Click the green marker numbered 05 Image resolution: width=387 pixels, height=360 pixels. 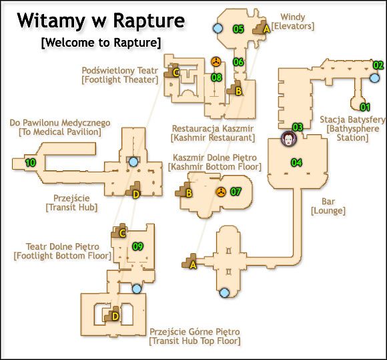pyautogui.click(x=238, y=29)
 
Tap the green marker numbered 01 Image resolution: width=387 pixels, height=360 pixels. pyautogui.click(x=365, y=108)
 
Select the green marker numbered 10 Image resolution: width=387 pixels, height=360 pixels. pyautogui.click(x=31, y=163)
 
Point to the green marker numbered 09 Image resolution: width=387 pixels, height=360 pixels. pyautogui.click(x=137, y=246)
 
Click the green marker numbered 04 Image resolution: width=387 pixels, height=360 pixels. pyautogui.click(x=296, y=162)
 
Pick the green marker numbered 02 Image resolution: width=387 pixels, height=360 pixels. pyautogui.click(x=378, y=65)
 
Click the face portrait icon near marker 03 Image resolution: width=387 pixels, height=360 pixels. pyautogui.click(x=288, y=139)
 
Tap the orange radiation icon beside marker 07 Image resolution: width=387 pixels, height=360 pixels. pyautogui.click(x=221, y=192)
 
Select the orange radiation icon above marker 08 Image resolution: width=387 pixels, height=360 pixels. pyautogui.click(x=216, y=62)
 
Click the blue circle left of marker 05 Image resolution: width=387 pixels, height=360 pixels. pyautogui.click(x=218, y=29)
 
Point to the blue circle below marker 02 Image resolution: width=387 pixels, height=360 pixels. pyautogui.click(x=375, y=78)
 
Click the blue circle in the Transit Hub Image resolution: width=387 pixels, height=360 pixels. pyautogui.click(x=133, y=162)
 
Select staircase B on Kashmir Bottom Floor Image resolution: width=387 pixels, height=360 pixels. pyautogui.click(x=184, y=190)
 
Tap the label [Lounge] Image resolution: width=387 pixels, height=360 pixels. pyautogui.click(x=328, y=211)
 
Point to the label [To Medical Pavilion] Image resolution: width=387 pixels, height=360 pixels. pyautogui.click(x=60, y=132)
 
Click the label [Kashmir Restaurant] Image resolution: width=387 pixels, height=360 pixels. pyautogui.click(x=213, y=138)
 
